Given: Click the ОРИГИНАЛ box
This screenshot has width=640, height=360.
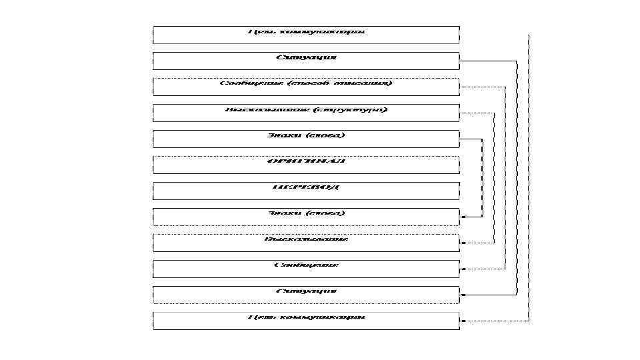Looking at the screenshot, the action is pyautogui.click(x=306, y=165).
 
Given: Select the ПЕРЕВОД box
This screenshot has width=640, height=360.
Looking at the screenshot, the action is pyautogui.click(x=306, y=191).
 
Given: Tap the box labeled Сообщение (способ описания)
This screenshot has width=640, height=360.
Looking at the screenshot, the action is pyautogui.click(x=306, y=87).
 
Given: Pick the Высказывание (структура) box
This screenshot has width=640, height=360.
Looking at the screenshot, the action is pyautogui.click(x=306, y=113).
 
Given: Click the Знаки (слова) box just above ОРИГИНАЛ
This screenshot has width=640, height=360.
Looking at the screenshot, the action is pyautogui.click(x=306, y=139).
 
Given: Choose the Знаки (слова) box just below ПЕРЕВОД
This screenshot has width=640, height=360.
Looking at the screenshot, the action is pyautogui.click(x=306, y=217).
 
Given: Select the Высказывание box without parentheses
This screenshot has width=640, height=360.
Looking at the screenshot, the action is pyautogui.click(x=306, y=243).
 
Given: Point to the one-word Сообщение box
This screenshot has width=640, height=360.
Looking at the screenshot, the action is pyautogui.click(x=306, y=269).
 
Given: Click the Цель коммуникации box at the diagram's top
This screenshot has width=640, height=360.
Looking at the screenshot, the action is pyautogui.click(x=306, y=35).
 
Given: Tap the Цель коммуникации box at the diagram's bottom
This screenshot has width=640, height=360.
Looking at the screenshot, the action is pyautogui.click(x=306, y=321).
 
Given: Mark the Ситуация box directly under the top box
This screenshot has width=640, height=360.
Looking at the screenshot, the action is pyautogui.click(x=306, y=61).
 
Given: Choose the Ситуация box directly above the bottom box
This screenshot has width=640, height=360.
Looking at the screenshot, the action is pyautogui.click(x=306, y=295).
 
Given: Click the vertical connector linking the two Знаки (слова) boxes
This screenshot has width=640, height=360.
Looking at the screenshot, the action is pyautogui.click(x=481, y=178).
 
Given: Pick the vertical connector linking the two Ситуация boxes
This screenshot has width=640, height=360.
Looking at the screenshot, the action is pyautogui.click(x=517, y=178).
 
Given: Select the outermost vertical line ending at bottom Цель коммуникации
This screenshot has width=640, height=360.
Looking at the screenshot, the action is pyautogui.click(x=529, y=178).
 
